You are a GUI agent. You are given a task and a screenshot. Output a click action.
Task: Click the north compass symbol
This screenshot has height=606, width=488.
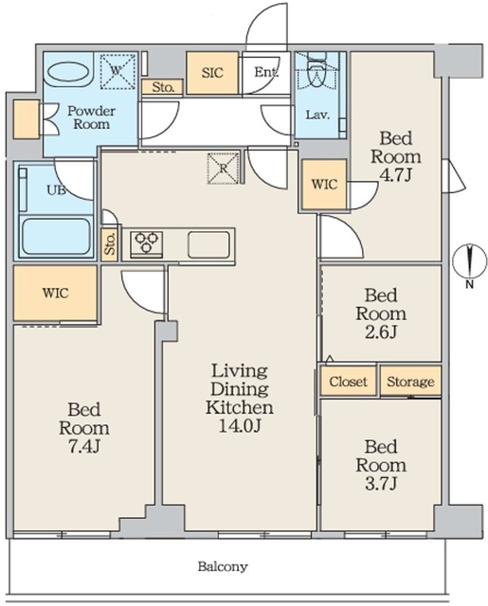[x=469, y=263]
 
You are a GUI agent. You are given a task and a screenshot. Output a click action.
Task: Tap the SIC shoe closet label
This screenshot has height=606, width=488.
[x=212, y=72]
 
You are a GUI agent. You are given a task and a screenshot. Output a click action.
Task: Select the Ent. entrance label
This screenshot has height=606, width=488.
[x=266, y=72]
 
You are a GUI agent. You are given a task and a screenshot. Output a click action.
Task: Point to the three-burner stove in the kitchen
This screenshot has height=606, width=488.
[x=146, y=243]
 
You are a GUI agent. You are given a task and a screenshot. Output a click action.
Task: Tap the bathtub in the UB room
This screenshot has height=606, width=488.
[x=56, y=237]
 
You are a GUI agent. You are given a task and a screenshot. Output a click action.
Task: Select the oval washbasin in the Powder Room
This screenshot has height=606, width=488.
[x=68, y=72]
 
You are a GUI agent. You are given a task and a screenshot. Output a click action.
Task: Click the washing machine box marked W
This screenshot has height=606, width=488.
[x=118, y=71]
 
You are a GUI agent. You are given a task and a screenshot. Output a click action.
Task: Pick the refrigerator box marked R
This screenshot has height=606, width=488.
[x=223, y=169]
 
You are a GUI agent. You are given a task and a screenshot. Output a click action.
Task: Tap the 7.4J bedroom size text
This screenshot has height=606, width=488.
[x=84, y=447]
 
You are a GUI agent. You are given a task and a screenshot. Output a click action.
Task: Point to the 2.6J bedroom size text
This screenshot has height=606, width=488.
[x=381, y=332]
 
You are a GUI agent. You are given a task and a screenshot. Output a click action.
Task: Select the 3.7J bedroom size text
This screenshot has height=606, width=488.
[x=381, y=484]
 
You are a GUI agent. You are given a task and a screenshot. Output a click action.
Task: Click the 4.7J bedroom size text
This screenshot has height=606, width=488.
[x=395, y=175]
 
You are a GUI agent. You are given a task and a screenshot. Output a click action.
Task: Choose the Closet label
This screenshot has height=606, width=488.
[x=348, y=382]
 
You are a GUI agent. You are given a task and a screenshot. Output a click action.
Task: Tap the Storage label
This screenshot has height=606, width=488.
[x=410, y=382]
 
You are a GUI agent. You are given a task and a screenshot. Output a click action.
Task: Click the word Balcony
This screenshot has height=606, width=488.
[x=223, y=566]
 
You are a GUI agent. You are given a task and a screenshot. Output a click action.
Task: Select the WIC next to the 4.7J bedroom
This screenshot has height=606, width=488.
[x=324, y=185]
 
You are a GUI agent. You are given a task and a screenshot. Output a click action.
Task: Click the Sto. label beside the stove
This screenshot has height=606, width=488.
[x=110, y=243]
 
